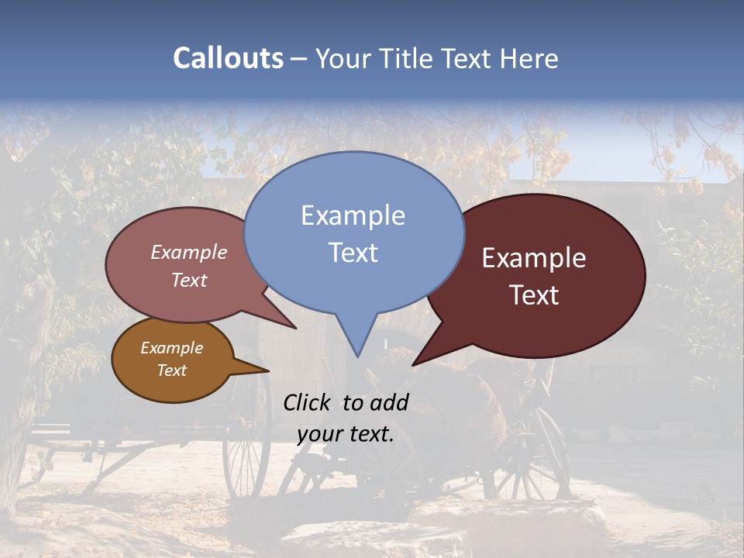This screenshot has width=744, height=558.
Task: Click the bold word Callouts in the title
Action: coord(228,58)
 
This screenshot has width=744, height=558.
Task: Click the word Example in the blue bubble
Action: coord(353,215)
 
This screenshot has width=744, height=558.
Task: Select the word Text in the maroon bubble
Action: coord(534,295)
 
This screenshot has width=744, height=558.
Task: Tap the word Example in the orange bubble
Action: coord(171,348)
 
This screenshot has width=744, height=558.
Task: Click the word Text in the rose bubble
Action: coord(189,281)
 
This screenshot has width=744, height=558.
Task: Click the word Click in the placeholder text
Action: coord(308,402)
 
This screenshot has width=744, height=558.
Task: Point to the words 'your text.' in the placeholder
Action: coord(346,434)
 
